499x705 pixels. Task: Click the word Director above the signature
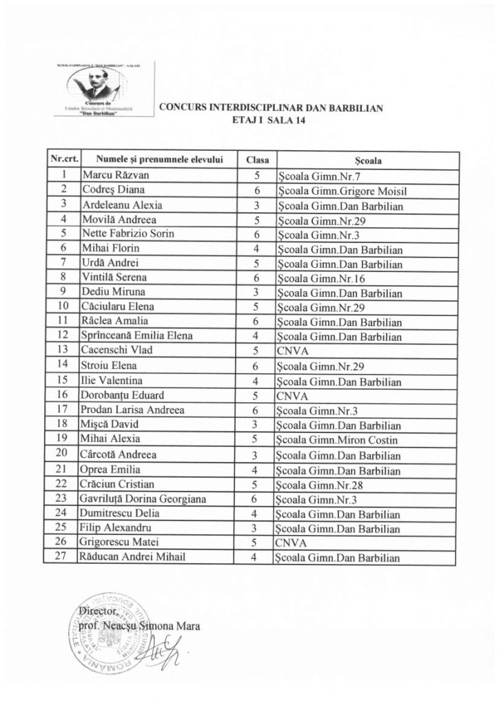pyautogui.click(x=99, y=610)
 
